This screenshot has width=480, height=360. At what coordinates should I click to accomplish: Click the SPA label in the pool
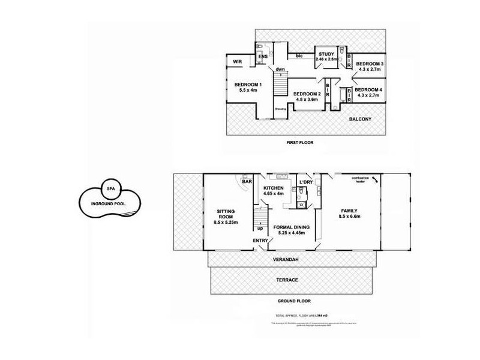(110, 188)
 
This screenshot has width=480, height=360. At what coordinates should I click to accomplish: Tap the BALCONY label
(360, 119)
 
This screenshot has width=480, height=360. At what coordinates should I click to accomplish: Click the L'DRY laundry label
(306, 182)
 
